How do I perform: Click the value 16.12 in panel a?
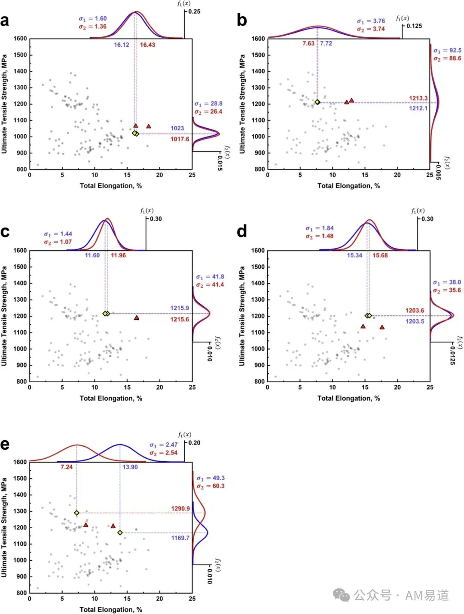(x=121, y=45)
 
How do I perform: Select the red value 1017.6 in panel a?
(x=180, y=139)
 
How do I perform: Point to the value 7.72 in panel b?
(x=326, y=43)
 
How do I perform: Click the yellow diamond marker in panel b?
(x=317, y=102)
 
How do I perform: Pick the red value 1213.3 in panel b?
(x=418, y=98)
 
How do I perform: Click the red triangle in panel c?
(x=136, y=318)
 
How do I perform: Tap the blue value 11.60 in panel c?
(x=92, y=255)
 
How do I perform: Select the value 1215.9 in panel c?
(x=180, y=308)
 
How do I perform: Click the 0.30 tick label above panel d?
(x=427, y=219)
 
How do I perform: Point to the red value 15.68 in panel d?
(x=380, y=255)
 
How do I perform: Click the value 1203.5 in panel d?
(x=415, y=321)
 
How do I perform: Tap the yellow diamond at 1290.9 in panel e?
(x=77, y=513)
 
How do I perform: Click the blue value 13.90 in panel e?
(x=130, y=467)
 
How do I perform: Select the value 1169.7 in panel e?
(x=180, y=538)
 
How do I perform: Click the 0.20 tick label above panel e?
(x=194, y=442)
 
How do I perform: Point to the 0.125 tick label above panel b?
(x=414, y=26)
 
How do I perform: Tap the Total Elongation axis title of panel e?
(x=111, y=610)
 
